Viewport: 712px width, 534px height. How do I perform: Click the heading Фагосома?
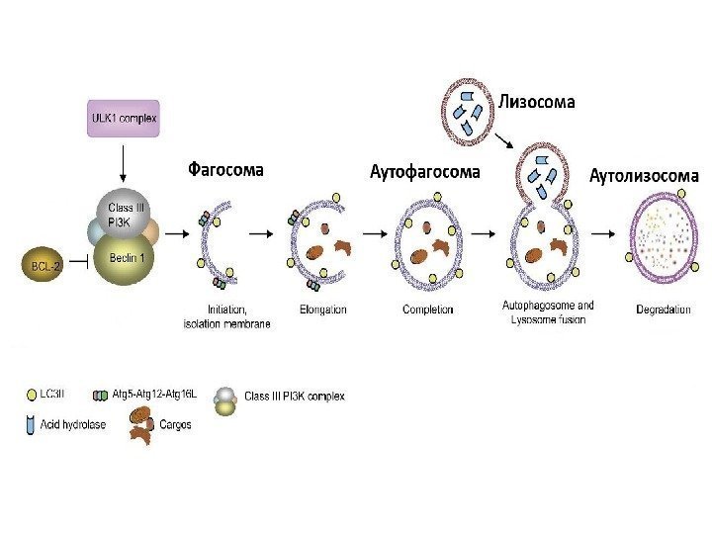pyautogui.click(x=226, y=169)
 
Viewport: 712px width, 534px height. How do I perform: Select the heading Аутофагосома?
pyautogui.click(x=424, y=172)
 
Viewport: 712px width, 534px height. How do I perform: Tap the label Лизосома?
pyautogui.click(x=536, y=101)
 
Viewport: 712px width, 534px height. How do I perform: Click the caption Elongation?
pyautogui.click(x=322, y=310)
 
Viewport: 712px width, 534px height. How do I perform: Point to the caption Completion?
pyautogui.click(x=428, y=310)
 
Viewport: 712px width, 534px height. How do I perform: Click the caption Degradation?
pyautogui.click(x=663, y=310)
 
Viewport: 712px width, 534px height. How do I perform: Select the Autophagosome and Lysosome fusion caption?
pyautogui.click(x=548, y=312)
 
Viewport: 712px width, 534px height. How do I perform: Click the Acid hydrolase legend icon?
pyautogui.click(x=33, y=424)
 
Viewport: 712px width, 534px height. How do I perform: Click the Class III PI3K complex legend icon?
pyautogui.click(x=226, y=399)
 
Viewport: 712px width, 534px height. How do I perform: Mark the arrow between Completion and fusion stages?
pyautogui.click(x=485, y=234)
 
